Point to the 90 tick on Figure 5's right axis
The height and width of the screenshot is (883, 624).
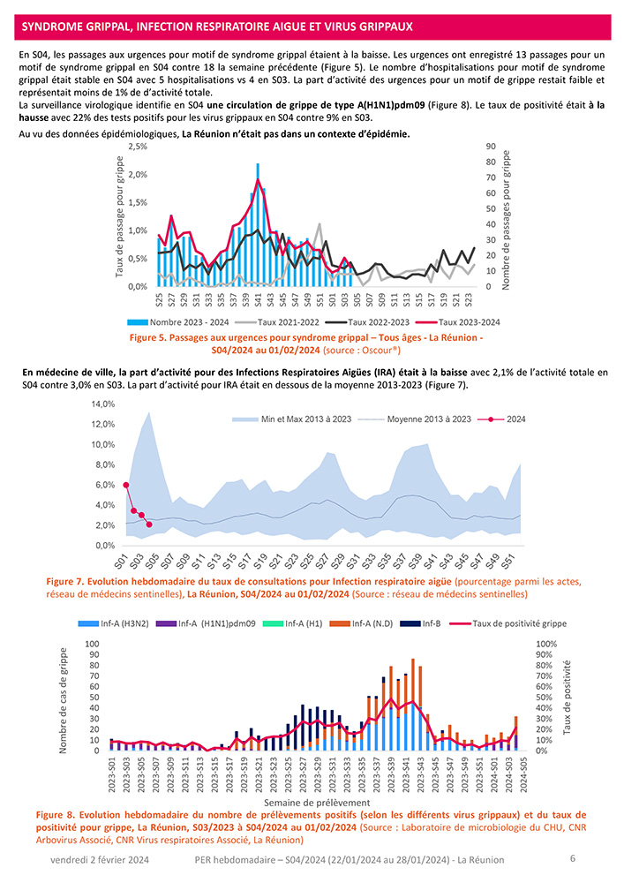coord(492,147)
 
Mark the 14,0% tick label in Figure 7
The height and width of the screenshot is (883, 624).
coord(103,404)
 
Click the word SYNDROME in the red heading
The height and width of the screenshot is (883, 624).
coord(53,28)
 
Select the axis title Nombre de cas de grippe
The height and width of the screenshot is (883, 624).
coord(64,700)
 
